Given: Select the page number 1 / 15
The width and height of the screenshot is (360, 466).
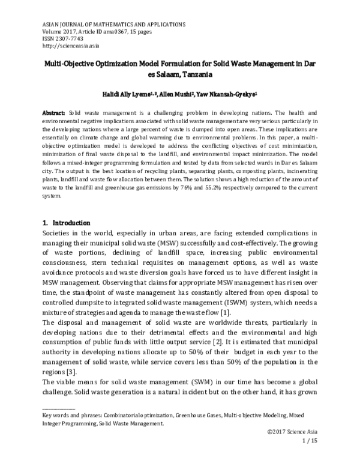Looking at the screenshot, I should tap(307, 440).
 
